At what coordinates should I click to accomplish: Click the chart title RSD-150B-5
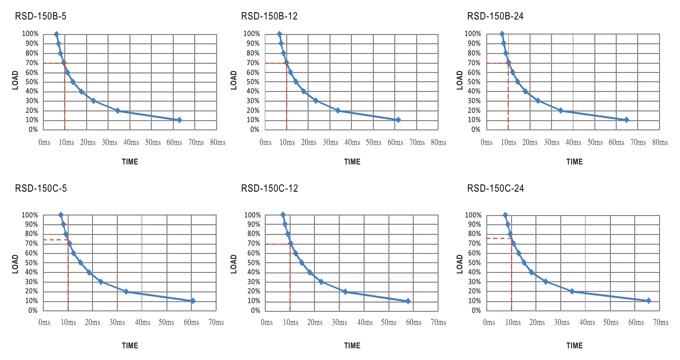pyautogui.click(x=41, y=16)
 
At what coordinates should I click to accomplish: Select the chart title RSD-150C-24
pyautogui.click(x=496, y=188)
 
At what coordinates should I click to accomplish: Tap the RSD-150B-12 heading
pyautogui.click(x=269, y=16)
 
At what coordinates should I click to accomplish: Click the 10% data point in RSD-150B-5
pyautogui.click(x=180, y=120)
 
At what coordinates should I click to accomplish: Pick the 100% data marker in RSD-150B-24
pyautogui.click(x=502, y=34)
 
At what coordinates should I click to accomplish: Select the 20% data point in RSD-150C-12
pyautogui.click(x=345, y=292)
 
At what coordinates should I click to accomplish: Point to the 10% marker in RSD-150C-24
pyautogui.click(x=649, y=301)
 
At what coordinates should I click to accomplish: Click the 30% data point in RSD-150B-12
pyautogui.click(x=316, y=101)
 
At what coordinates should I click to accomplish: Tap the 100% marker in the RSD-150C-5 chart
pyautogui.click(x=61, y=215)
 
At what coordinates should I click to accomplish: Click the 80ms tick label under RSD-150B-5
pyautogui.click(x=218, y=142)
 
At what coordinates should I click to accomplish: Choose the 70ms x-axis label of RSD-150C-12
pyautogui.click(x=439, y=322)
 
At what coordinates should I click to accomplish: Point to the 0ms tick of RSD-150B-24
pyautogui.click(x=487, y=142)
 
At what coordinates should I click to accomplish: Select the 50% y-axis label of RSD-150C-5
pyautogui.click(x=32, y=263)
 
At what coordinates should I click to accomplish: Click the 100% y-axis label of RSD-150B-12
pyautogui.click(x=252, y=34)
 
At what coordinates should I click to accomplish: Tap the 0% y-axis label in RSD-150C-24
pyautogui.click(x=477, y=310)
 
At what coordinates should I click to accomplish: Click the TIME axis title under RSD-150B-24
pyautogui.click(x=574, y=162)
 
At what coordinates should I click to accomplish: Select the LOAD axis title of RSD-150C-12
pyautogui.click(x=234, y=264)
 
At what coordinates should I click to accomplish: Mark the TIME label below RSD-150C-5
pyautogui.click(x=130, y=346)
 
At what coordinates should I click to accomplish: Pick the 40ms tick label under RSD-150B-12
pyautogui.click(x=352, y=142)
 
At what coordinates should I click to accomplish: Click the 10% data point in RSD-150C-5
pyautogui.click(x=193, y=301)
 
